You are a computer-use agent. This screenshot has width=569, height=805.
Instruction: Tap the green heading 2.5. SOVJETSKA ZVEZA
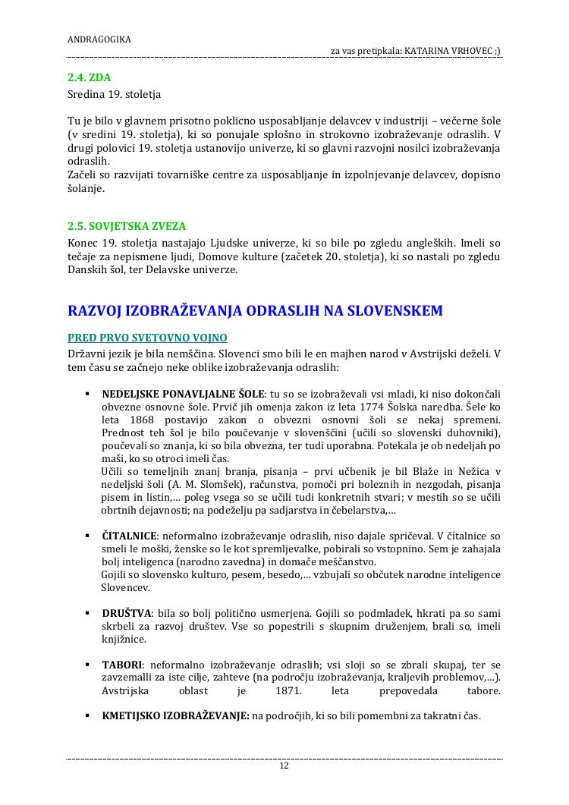[127, 226]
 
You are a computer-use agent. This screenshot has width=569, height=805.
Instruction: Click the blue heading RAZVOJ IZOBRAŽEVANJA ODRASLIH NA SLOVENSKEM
[255, 311]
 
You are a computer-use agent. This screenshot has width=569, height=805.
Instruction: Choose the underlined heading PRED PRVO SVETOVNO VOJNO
[147, 338]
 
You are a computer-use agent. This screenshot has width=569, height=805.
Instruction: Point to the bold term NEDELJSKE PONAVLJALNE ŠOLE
[183, 394]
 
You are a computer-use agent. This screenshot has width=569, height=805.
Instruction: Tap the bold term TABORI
[121, 665]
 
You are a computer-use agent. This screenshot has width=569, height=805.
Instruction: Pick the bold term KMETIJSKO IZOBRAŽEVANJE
[175, 715]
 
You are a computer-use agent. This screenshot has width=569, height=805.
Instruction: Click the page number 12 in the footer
[284, 766]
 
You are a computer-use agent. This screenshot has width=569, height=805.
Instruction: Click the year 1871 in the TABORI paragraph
[290, 690]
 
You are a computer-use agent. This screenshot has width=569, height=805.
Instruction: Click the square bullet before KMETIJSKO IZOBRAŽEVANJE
[88, 715]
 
